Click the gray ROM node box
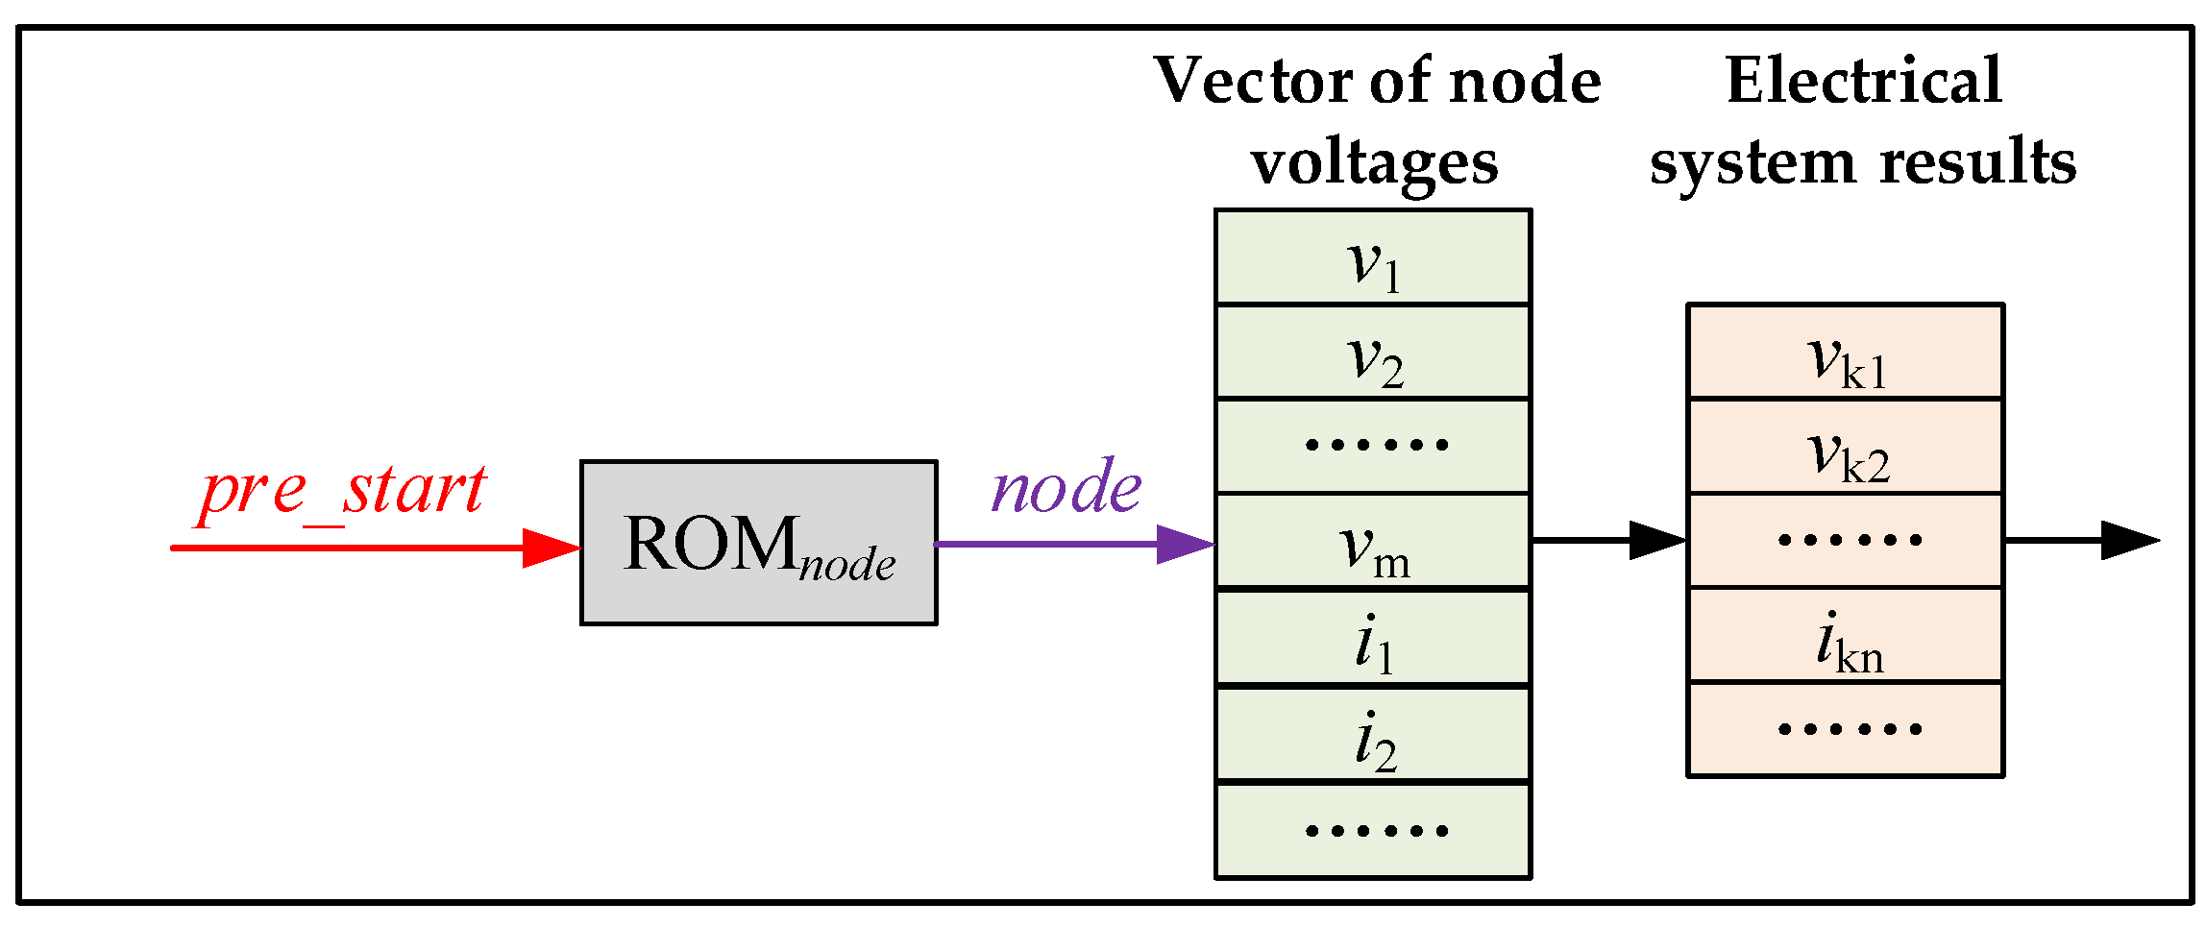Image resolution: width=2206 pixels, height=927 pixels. (758, 543)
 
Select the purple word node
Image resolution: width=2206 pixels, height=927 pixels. (1066, 487)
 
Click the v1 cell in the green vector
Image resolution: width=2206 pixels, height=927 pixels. (1373, 257)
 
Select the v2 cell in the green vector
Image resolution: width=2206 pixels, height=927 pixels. (1373, 352)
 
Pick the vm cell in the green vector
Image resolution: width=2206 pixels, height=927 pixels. (1373, 541)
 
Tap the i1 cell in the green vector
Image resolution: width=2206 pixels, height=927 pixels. (1373, 639)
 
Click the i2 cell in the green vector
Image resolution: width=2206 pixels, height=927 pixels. (1373, 735)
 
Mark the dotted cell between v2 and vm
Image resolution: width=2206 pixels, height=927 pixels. (1373, 446)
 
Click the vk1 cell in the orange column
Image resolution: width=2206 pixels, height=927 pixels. (1845, 353)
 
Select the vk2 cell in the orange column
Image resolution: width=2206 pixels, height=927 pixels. (1845, 447)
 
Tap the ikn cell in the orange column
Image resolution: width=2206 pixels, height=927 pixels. (1845, 636)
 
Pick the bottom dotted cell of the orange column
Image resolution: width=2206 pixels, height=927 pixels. (1845, 729)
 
